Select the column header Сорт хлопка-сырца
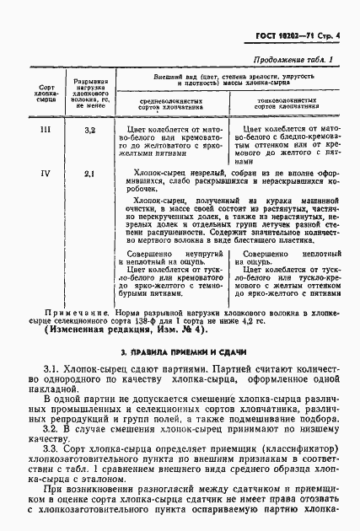coord(46,91)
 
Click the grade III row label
coord(46,131)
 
